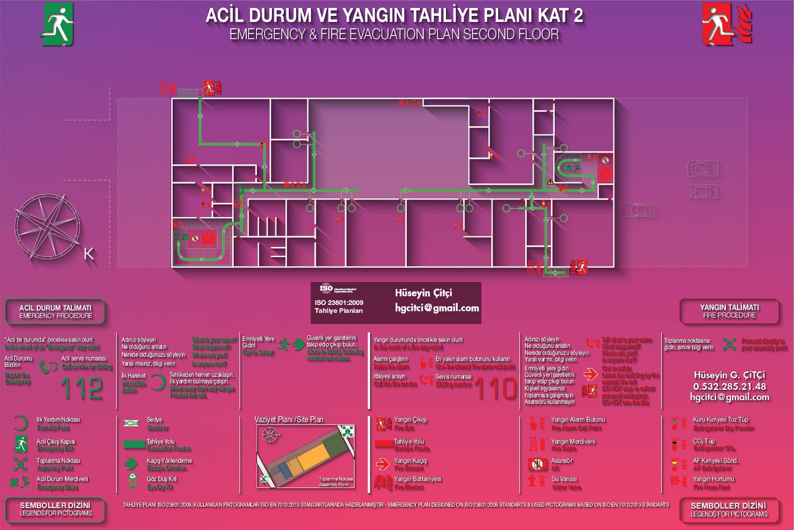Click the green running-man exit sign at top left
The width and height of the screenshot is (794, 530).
pyautogui.click(x=57, y=24)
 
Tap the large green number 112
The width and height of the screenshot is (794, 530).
pyautogui.click(x=82, y=388)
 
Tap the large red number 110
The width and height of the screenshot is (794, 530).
pyautogui.click(x=496, y=388)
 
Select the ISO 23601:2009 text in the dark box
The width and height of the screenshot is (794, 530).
pyautogui.click(x=338, y=303)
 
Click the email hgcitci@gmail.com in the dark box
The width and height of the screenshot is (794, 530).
pyautogui.click(x=437, y=308)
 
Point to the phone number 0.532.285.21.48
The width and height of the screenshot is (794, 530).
pyautogui.click(x=729, y=386)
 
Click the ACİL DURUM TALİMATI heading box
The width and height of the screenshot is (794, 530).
pyautogui.click(x=56, y=311)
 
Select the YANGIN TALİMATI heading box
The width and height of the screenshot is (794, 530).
pyautogui.click(x=729, y=311)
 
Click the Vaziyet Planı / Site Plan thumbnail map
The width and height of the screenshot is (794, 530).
pyautogui.click(x=305, y=455)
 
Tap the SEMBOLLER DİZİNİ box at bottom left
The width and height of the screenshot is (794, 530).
pyautogui.click(x=56, y=509)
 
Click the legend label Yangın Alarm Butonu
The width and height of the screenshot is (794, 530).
pyautogui.click(x=578, y=420)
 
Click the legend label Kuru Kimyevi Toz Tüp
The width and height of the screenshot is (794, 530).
pyautogui.click(x=720, y=420)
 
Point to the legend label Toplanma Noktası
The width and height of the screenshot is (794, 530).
pyautogui.click(x=58, y=460)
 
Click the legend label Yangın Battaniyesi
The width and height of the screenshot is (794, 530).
pyautogui.click(x=417, y=479)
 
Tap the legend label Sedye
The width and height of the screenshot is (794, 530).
pyautogui.click(x=154, y=420)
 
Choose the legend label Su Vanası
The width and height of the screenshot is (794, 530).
pyautogui.click(x=564, y=479)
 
